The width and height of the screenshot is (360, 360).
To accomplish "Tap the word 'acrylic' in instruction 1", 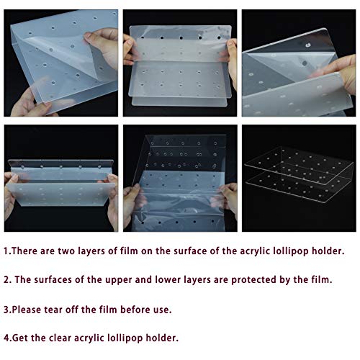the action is click(255, 252).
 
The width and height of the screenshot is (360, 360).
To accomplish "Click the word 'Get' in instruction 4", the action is click(20, 338).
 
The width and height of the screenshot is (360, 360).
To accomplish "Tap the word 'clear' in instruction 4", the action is click(60, 338).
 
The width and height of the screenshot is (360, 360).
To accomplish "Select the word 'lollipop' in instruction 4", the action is click(125, 339).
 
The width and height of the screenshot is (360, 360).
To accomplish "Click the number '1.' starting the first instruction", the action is click(7, 251).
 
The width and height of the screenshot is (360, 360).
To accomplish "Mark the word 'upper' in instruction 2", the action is click(118, 281).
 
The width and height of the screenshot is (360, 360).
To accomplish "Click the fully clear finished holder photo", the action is click(299, 178).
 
